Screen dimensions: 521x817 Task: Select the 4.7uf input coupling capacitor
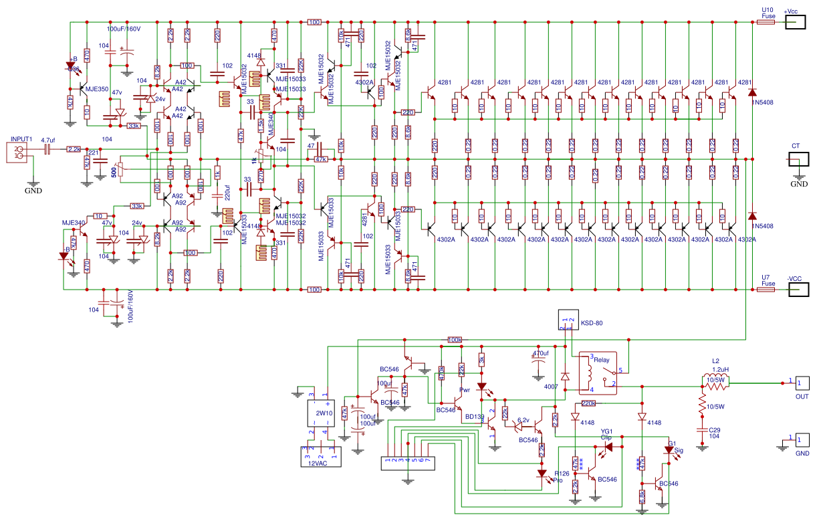[47, 150]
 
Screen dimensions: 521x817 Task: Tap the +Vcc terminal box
[796, 22]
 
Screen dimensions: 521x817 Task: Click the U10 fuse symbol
[766, 22]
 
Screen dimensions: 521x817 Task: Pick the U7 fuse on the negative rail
[766, 290]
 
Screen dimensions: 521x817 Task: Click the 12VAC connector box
[320, 455]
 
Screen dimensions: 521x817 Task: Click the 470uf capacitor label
[540, 353]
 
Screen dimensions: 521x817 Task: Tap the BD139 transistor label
[475, 417]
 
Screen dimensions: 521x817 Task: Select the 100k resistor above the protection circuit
[455, 340]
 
